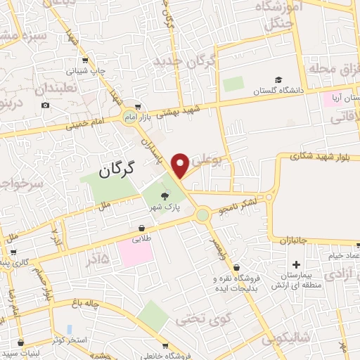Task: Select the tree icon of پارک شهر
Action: tap(165, 196)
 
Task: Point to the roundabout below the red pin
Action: tap(202, 214)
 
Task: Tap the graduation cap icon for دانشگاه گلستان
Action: tap(278, 79)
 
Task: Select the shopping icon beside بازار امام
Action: tap(137, 107)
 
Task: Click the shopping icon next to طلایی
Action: tap(142, 229)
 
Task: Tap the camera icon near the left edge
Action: tap(46, 105)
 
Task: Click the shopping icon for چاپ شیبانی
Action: tap(85, 60)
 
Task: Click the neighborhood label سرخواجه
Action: tap(14, 185)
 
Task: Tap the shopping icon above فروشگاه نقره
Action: tap(236, 267)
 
